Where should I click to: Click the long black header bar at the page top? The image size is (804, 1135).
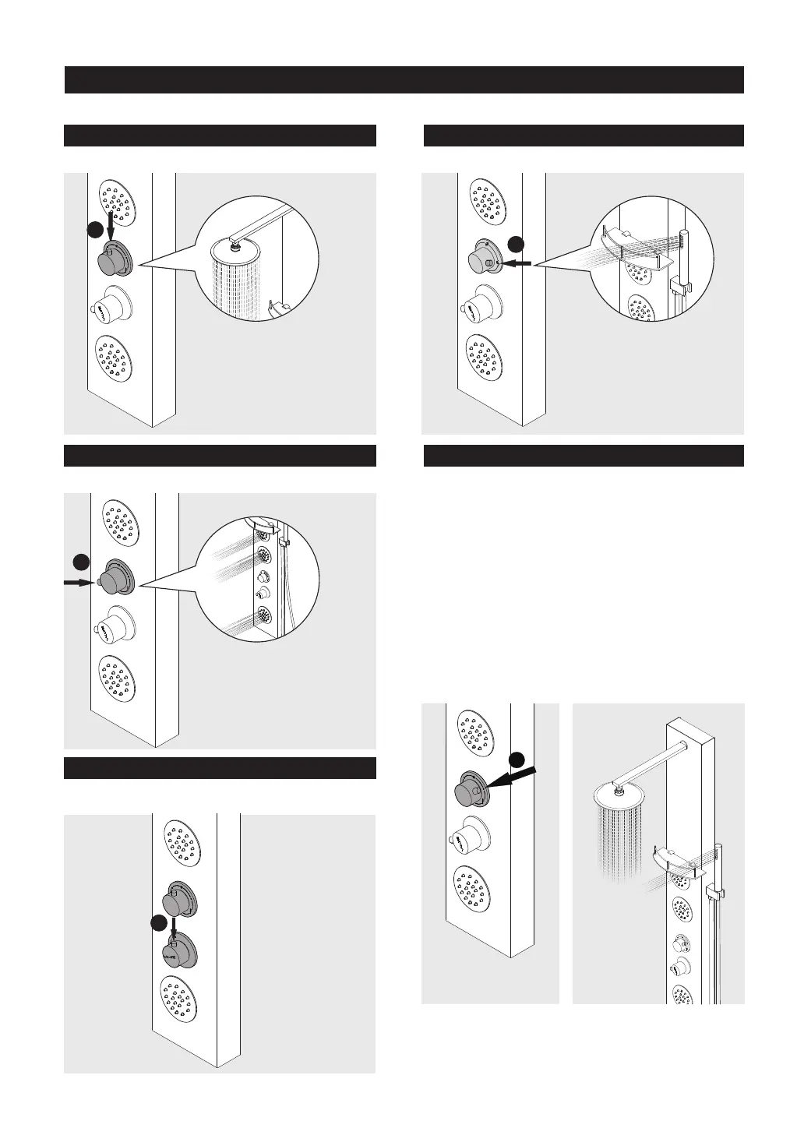(404, 79)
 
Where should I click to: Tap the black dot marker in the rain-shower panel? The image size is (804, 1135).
(93, 231)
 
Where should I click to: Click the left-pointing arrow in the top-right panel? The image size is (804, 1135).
(517, 264)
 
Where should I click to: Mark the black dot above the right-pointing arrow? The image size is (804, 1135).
(80, 561)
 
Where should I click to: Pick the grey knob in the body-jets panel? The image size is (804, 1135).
(115, 580)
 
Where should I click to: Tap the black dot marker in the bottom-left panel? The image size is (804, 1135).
(159, 922)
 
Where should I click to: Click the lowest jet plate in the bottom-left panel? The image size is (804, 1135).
(182, 999)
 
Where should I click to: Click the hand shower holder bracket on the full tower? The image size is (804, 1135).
(712, 891)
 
